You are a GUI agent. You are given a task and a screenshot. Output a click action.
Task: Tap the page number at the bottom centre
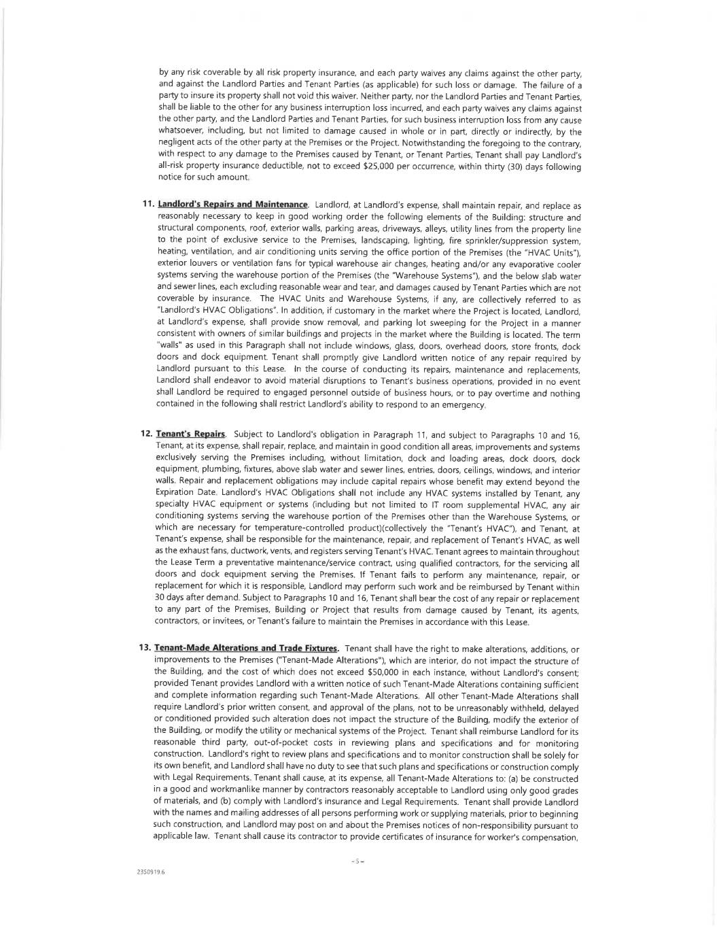coord(358,862)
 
